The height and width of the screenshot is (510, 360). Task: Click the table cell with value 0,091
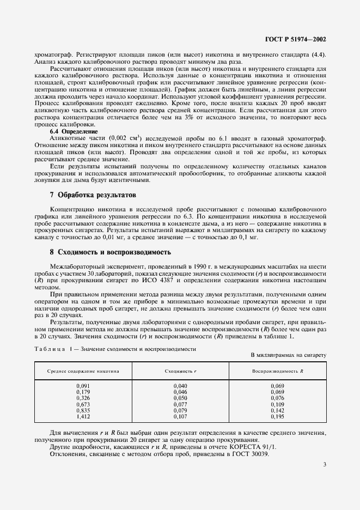tap(83, 386)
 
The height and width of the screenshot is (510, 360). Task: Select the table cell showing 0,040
tap(180, 386)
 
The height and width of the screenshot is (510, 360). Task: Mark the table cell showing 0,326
tap(83, 398)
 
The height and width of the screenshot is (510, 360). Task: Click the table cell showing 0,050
tap(180, 398)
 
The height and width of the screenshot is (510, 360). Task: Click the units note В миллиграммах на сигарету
tap(288, 355)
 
